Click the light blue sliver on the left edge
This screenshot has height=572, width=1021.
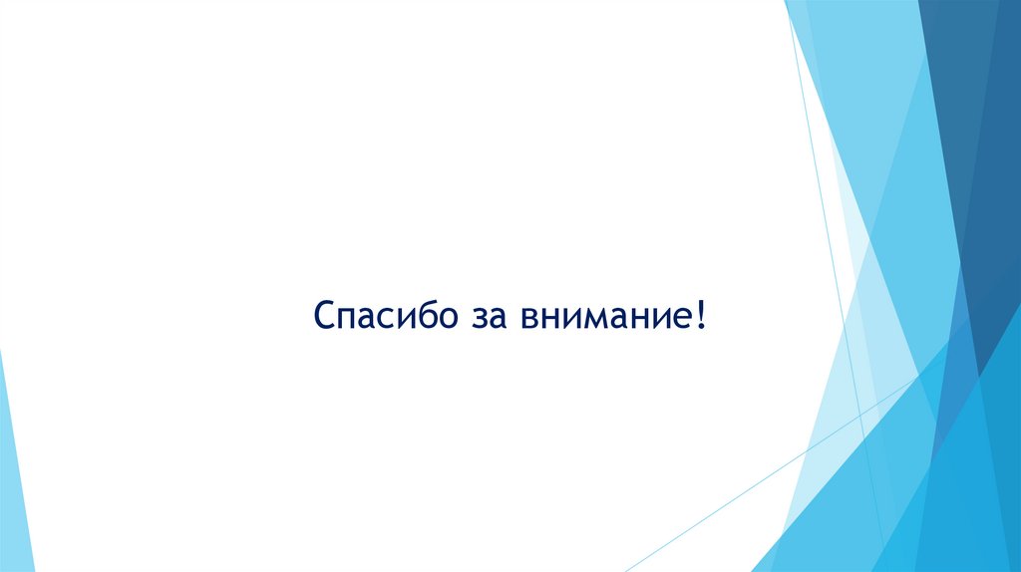click(x=14, y=468)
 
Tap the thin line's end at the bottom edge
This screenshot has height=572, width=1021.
click(x=626, y=570)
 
